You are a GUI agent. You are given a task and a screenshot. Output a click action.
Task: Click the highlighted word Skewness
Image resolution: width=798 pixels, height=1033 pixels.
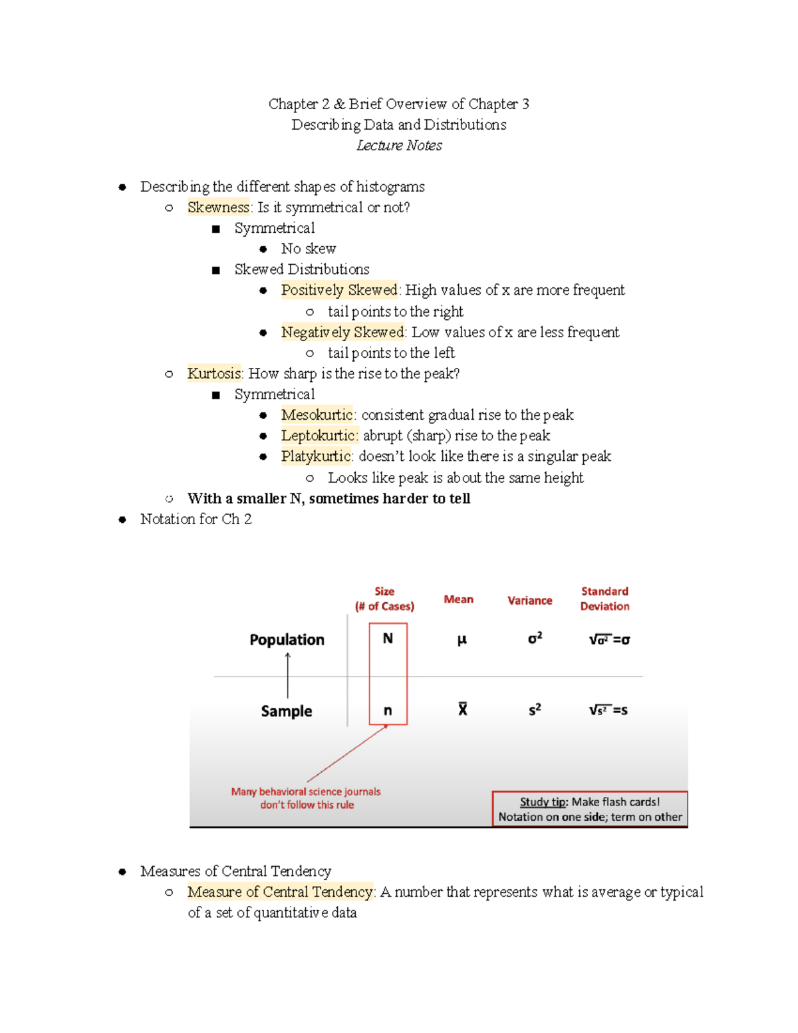(218, 207)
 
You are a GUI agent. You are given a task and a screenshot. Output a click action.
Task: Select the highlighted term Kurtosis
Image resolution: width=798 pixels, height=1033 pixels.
(214, 373)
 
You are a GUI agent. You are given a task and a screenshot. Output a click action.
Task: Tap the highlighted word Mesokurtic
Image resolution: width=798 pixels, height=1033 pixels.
(317, 414)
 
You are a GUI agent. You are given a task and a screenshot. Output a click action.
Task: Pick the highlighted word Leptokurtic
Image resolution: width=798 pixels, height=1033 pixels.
(319, 435)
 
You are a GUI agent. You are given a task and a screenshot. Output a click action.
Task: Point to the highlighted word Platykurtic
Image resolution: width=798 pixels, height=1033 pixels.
(315, 456)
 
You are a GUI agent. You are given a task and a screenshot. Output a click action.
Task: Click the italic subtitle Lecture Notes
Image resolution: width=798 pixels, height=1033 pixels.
(399, 145)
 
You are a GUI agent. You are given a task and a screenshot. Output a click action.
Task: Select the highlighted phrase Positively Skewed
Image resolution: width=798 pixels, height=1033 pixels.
(338, 289)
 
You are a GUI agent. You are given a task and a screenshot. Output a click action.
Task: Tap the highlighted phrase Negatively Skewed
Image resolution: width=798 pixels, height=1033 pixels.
(342, 331)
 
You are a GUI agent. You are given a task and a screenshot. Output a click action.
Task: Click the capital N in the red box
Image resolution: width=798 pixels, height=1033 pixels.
(388, 639)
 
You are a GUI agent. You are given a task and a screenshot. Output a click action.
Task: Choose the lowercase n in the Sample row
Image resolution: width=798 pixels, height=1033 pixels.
(388, 710)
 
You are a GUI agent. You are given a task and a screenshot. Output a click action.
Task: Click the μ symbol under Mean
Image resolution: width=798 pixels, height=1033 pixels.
(462, 640)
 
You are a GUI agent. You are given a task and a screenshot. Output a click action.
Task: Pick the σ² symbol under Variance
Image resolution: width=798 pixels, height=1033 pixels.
(535, 639)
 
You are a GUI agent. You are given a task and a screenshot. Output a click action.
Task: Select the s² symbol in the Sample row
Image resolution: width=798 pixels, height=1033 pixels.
(535, 710)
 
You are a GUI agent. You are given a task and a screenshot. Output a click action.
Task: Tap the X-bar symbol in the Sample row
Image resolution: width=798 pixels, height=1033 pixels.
(462, 709)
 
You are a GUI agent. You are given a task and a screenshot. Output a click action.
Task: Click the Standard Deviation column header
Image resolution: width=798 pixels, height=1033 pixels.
(604, 599)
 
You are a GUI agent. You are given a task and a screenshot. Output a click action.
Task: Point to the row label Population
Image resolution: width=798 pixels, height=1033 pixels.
(287, 639)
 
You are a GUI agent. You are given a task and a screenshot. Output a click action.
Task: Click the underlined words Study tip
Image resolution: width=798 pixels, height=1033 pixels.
(542, 802)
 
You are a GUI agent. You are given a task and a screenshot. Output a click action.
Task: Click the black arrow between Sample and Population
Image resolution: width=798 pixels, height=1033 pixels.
(288, 675)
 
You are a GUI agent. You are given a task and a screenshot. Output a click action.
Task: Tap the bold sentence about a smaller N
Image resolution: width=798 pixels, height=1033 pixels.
(329, 498)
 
